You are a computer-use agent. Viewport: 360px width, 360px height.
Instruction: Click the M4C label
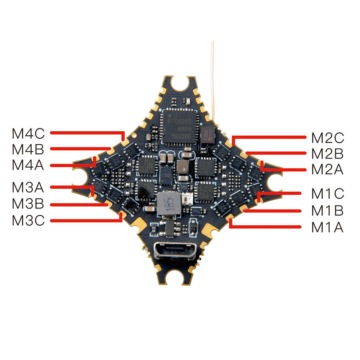pyautogui.click(x=28, y=134)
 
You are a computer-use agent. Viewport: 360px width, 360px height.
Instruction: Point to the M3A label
pyautogui.click(x=28, y=188)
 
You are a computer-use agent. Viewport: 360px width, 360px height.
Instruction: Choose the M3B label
pyautogui.click(x=28, y=204)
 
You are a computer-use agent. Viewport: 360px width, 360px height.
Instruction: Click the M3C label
pyautogui.click(x=28, y=220)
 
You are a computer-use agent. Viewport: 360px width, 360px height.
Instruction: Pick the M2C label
pyautogui.click(x=327, y=138)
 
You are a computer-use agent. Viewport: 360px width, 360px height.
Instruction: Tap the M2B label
pyautogui.click(x=327, y=154)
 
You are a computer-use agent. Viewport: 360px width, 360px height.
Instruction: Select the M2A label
pyautogui.click(x=327, y=169)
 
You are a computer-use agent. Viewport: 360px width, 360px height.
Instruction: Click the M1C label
pyautogui.click(x=327, y=194)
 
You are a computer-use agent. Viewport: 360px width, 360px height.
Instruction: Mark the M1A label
pyautogui.click(x=327, y=228)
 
